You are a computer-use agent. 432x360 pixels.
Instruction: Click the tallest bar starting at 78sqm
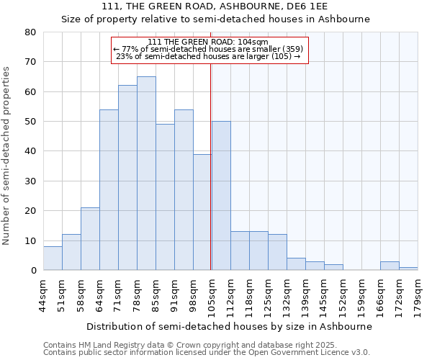coord(146,173)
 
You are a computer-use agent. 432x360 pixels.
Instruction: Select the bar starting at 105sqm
coord(221,196)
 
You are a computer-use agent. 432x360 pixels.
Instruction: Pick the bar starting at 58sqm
coord(90,239)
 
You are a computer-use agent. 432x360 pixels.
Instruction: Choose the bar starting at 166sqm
coord(390,266)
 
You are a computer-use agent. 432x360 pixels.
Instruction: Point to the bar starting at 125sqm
coord(277,252)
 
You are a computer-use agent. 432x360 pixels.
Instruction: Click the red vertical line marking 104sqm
coord(210,158)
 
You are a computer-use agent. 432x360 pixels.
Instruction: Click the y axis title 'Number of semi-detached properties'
coord(6,156)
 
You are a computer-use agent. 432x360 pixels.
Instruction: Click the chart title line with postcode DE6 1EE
coord(215,6)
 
